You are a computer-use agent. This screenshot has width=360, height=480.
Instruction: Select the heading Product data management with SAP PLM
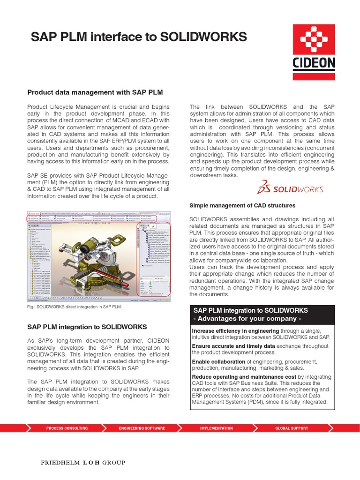(95, 92)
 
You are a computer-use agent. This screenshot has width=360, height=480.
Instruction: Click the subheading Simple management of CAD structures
(242, 205)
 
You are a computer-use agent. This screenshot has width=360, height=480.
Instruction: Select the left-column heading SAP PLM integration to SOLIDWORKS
(87, 327)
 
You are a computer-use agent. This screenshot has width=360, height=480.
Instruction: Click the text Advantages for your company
(247, 319)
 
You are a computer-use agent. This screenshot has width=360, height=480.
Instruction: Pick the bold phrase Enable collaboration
(218, 361)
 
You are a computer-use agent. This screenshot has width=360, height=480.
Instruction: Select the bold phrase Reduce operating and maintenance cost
(244, 377)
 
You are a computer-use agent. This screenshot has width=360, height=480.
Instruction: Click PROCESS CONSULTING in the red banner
(67, 428)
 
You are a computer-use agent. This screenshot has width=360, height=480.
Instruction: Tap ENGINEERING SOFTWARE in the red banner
(142, 428)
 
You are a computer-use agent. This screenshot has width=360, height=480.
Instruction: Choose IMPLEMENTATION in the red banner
(216, 428)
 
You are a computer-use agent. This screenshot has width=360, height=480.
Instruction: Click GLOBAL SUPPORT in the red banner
(292, 428)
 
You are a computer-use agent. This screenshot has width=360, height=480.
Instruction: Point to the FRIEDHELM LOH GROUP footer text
(83, 463)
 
